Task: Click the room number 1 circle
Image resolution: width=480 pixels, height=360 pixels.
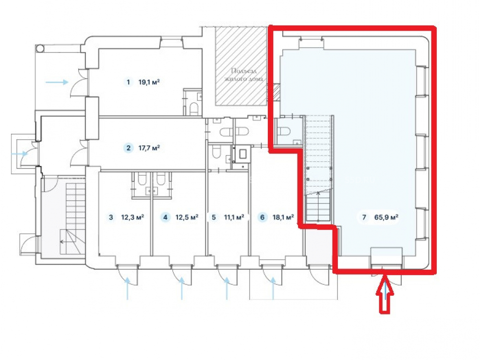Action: pos(128,82)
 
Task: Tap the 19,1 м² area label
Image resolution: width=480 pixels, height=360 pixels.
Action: pos(149,82)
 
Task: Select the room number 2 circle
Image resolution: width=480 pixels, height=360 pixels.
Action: pos(128,148)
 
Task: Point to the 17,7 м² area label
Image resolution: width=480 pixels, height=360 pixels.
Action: pos(149,148)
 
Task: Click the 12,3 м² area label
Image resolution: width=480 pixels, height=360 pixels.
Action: pos(132,217)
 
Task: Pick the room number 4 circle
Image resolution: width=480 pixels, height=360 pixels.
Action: pos(165,217)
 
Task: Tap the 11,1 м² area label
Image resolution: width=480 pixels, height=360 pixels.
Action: pos(234,217)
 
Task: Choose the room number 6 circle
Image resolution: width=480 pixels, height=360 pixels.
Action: pos(262,217)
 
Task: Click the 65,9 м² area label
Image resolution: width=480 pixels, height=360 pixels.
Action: pos(386,217)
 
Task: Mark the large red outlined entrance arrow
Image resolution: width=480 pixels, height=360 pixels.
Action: pos(385,294)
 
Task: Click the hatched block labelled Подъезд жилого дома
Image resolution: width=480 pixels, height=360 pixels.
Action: pos(240,66)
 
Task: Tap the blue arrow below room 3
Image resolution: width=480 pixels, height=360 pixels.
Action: pos(127,288)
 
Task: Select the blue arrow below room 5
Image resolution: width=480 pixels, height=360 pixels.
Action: pos(227,288)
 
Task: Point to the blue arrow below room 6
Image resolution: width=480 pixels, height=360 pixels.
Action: pos(273,288)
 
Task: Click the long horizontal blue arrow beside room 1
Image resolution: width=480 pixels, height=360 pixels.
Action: pos(57,82)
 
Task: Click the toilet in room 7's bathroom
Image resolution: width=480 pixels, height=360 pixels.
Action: pos(284,131)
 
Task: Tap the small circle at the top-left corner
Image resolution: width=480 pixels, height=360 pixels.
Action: pos(40,48)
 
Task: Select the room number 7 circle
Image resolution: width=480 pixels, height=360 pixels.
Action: pos(364,217)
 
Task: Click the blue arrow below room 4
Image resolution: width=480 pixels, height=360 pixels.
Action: pos(182,288)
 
